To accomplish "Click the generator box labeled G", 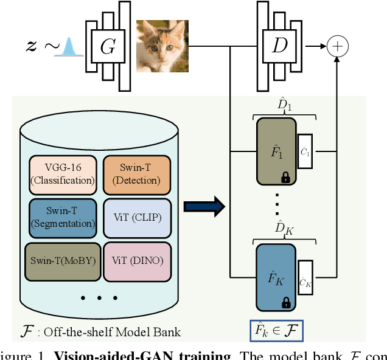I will [x=107, y=46].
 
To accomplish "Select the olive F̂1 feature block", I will [x=275, y=151].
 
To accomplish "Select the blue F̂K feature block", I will [x=275, y=277].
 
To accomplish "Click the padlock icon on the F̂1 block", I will [x=285, y=177].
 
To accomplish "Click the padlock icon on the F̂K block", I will [x=285, y=302].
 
